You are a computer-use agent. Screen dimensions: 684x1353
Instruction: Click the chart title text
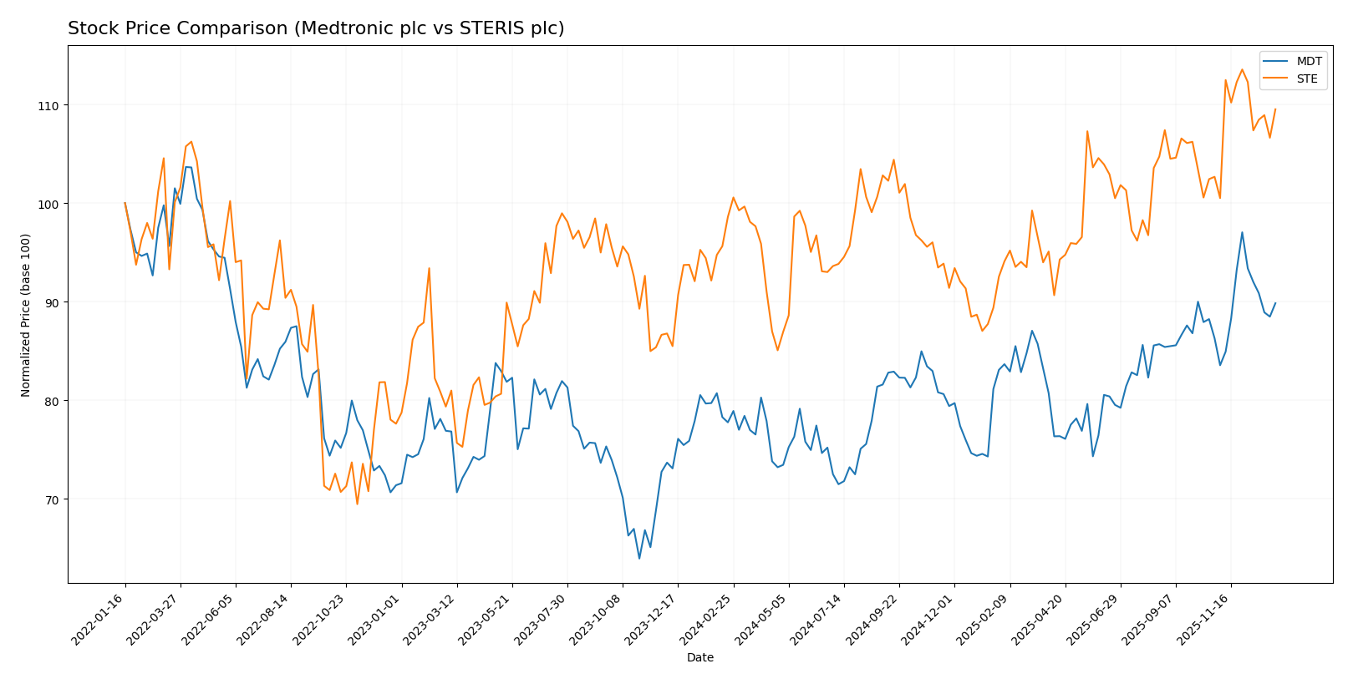click(316, 28)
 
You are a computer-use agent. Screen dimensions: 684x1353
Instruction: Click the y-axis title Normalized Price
click(26, 315)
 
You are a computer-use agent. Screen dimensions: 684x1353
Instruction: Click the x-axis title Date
click(699, 657)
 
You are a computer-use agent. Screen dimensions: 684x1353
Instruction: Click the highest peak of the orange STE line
click(1242, 69)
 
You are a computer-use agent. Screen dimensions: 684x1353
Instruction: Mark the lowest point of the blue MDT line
click(639, 558)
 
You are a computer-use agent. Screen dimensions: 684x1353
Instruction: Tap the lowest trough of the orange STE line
click(357, 504)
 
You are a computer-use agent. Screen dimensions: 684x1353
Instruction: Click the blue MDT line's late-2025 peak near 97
click(1242, 232)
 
